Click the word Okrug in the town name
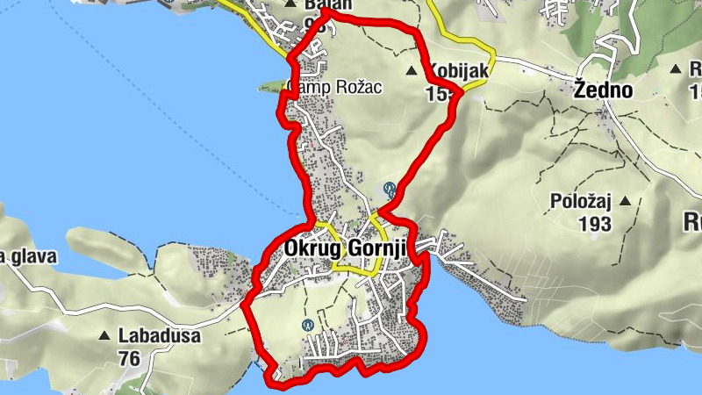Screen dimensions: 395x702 pos(306,248)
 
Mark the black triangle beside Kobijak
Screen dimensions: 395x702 pos(412,69)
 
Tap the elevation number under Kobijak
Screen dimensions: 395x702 pos(440,92)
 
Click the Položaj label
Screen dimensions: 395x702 pos(579,201)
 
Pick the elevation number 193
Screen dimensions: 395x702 pos(595,224)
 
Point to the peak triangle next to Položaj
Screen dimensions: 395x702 pos(626,201)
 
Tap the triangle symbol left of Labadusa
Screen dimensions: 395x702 pos(105,335)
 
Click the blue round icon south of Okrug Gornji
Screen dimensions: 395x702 pos(308,325)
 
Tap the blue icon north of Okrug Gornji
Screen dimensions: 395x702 pos(389,188)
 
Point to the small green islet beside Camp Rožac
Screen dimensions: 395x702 pos(270,86)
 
